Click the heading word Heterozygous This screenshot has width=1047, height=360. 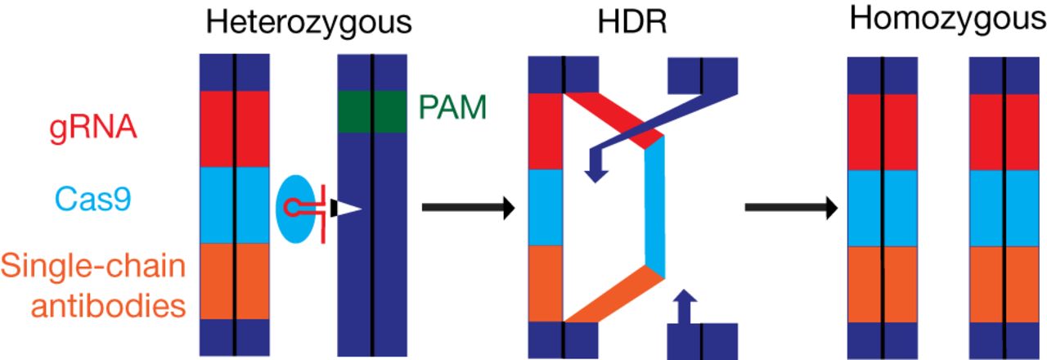[x=307, y=23]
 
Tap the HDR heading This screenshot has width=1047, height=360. [x=631, y=23]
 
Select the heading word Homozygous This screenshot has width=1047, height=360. [x=947, y=20]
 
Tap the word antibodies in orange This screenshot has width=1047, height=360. [x=92, y=305]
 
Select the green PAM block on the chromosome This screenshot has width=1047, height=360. [x=372, y=112]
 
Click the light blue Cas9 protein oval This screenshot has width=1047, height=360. [x=294, y=209]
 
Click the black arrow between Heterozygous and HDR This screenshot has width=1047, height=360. [x=467, y=209]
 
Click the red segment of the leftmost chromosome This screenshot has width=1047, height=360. [x=236, y=128]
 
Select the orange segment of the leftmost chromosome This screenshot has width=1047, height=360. [x=236, y=281]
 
